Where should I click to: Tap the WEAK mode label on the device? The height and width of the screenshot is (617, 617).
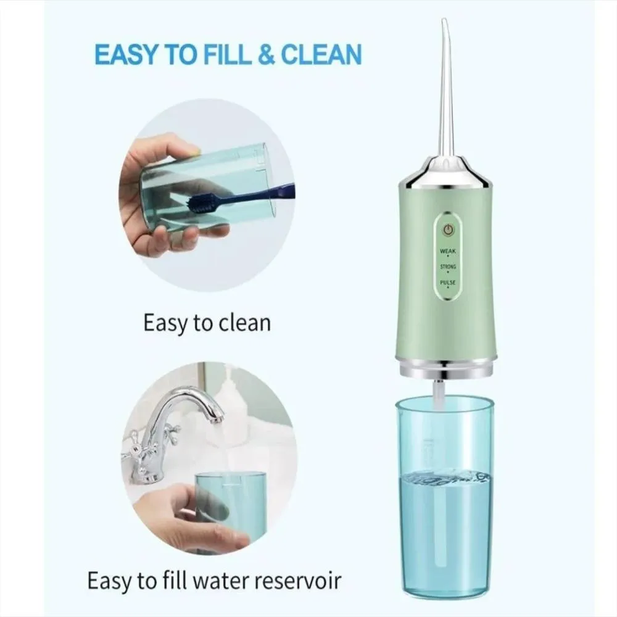(448, 251)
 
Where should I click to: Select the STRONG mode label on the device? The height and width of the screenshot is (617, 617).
(448, 267)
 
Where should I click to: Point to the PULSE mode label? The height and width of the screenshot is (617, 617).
(448, 283)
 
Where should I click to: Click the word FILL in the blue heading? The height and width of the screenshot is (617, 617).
(226, 54)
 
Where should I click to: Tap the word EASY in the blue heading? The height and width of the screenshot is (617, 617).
(125, 54)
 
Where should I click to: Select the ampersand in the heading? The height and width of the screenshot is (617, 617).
(266, 54)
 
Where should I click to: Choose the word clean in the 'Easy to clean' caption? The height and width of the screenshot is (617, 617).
(244, 323)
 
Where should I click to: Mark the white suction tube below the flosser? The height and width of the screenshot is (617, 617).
(437, 394)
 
